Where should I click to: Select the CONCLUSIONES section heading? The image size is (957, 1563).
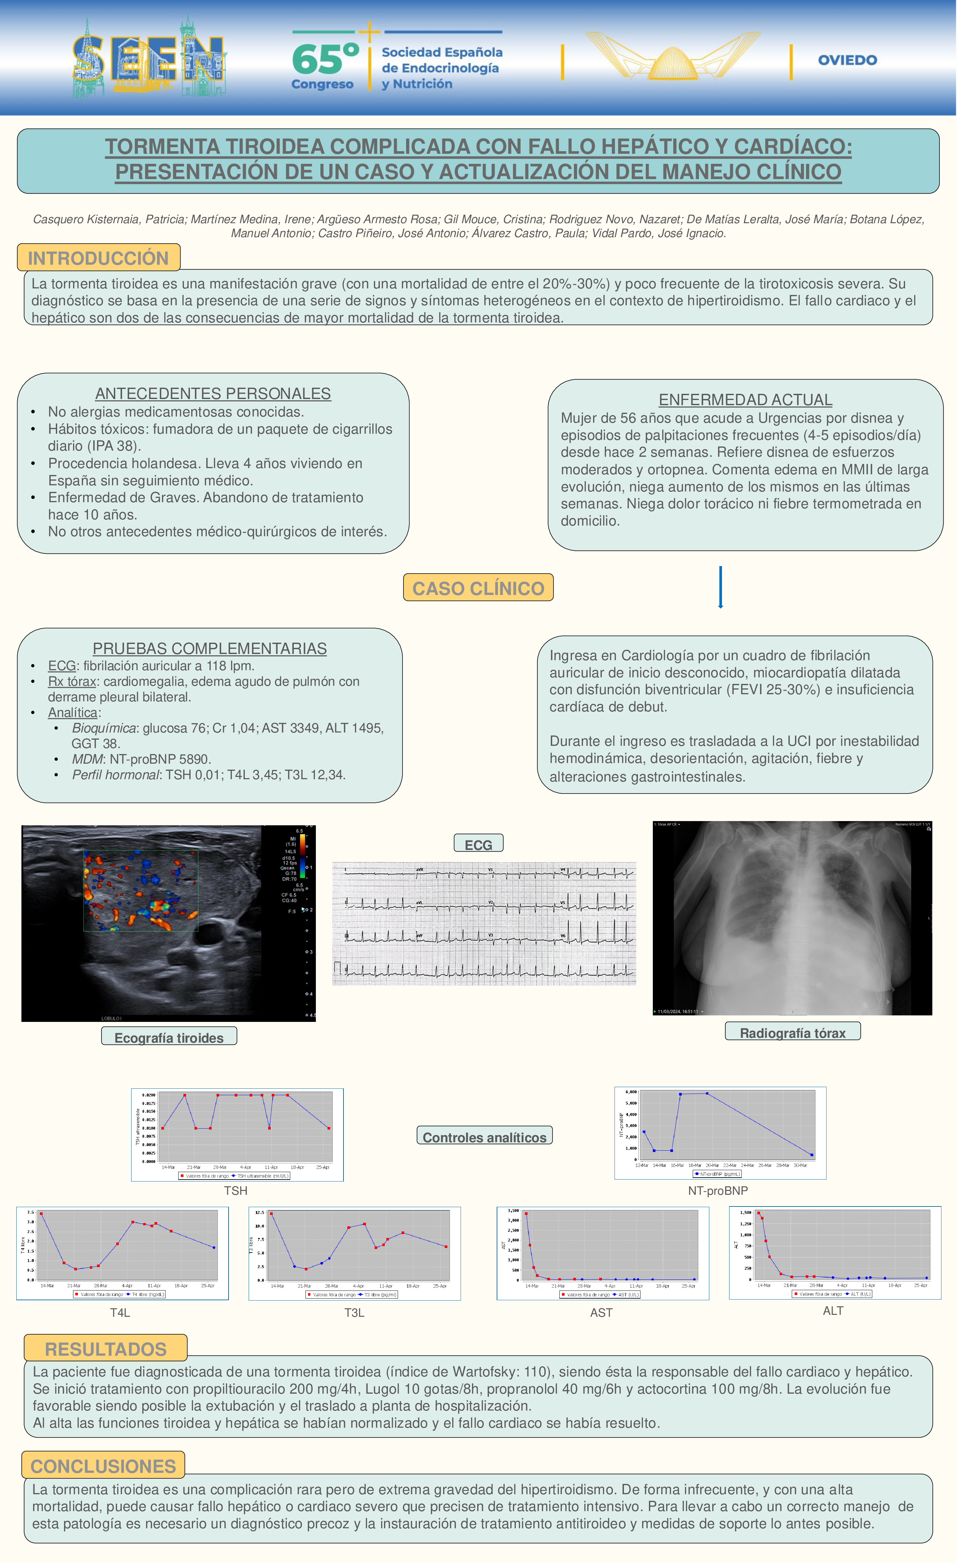(x=104, y=1466)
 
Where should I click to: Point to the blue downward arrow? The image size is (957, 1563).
(x=720, y=587)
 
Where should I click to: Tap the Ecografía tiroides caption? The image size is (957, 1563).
(x=169, y=1037)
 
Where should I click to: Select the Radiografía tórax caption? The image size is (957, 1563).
(x=793, y=1033)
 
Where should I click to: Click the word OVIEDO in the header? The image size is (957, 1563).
(x=847, y=60)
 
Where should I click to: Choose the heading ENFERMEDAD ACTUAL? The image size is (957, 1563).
(x=745, y=400)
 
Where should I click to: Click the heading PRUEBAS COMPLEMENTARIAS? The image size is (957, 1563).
(x=209, y=648)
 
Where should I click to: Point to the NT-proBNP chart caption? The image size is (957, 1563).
(x=718, y=1191)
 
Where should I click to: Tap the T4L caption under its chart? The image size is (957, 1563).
(x=120, y=1313)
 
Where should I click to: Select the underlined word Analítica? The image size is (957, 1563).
(x=72, y=712)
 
